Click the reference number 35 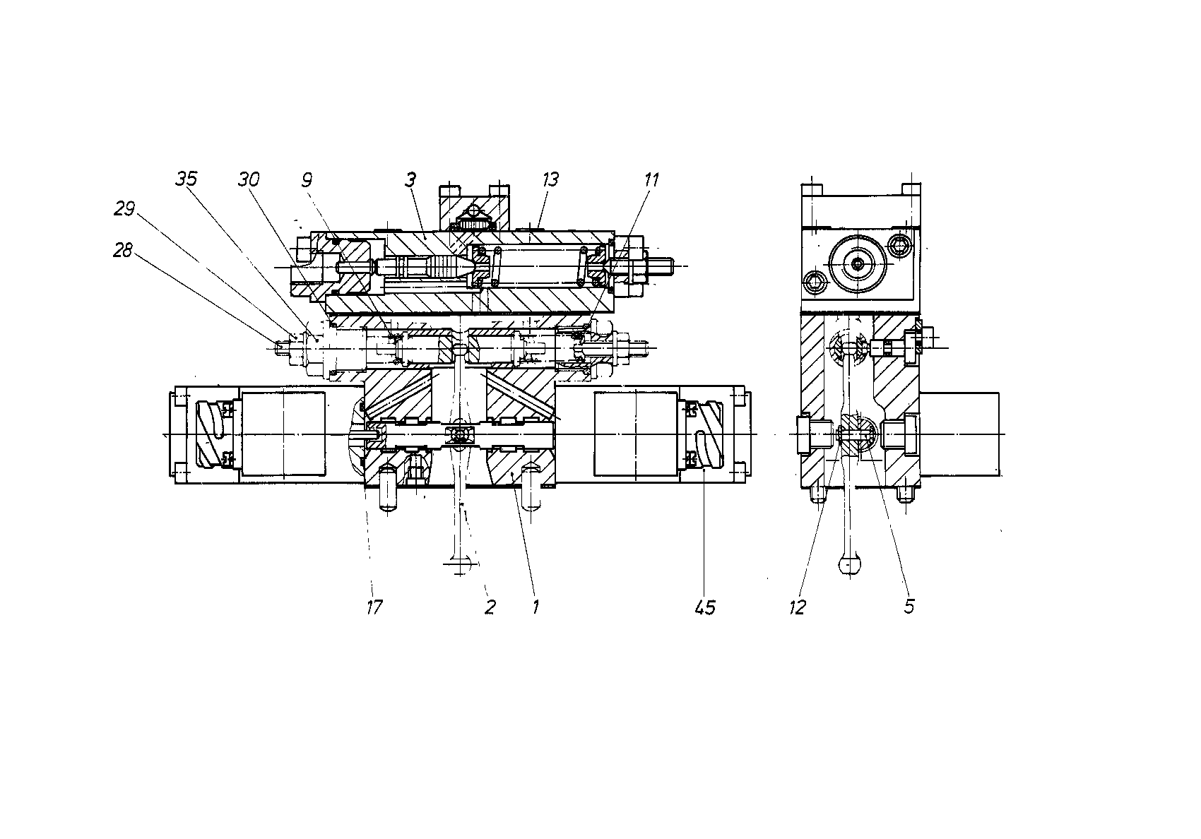pos(187,179)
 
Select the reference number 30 pos(249,179)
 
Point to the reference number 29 pos(124,208)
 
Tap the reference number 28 pos(123,250)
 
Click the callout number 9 pos(307,180)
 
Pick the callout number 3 pos(410,179)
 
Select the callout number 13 pos(550,179)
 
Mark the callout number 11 pos(651,179)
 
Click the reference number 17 pos(374,607)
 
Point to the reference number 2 pos(490,607)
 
